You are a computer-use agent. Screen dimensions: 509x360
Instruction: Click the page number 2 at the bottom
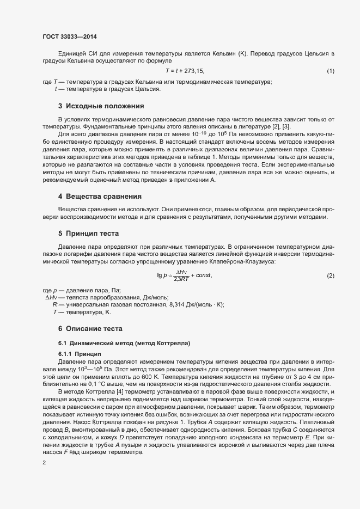click(x=44, y=463)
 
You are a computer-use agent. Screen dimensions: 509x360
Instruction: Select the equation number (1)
click(x=330, y=71)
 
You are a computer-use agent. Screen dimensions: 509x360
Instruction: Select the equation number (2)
click(x=330, y=277)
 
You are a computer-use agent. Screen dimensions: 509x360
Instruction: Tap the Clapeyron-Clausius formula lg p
click(x=184, y=277)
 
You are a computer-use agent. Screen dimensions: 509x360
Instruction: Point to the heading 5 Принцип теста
click(x=90, y=233)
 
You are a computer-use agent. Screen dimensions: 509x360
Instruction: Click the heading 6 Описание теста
click(x=90, y=329)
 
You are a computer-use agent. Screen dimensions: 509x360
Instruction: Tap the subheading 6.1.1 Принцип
click(x=80, y=354)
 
